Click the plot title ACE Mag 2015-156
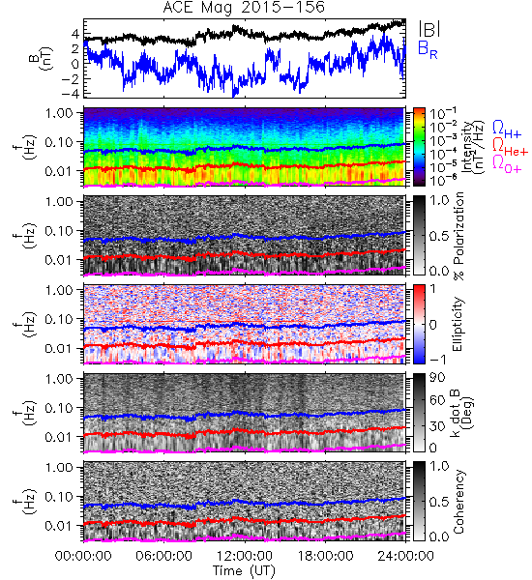[x=244, y=8]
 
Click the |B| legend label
[x=429, y=29]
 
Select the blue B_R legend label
[x=428, y=49]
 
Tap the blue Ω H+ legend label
[x=507, y=130]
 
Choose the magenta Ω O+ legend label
[x=507, y=164]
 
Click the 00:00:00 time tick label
[x=83, y=556]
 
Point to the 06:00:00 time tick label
[x=163, y=556]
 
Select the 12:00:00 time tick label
[x=245, y=556]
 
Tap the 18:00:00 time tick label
[x=325, y=556]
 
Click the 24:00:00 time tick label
[x=405, y=556]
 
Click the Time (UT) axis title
[x=244, y=570]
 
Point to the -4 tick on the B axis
[x=71, y=93]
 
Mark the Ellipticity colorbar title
[x=458, y=324]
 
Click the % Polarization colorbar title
[x=459, y=236]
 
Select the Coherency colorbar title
[x=458, y=502]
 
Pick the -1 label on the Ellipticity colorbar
[x=437, y=360]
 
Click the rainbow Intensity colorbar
[x=419, y=147]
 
